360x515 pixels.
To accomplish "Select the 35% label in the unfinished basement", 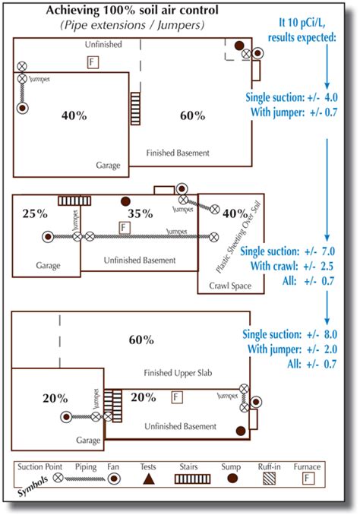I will pyautogui.click(x=141, y=214).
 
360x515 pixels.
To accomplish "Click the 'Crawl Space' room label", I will pyautogui.click(x=221, y=287).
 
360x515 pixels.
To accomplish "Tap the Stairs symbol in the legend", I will pyautogui.click(x=191, y=480).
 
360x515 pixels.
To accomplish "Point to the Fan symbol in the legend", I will pyautogui.click(x=115, y=480).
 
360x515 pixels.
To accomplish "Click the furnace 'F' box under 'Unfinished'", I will pyautogui.click(x=93, y=61).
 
